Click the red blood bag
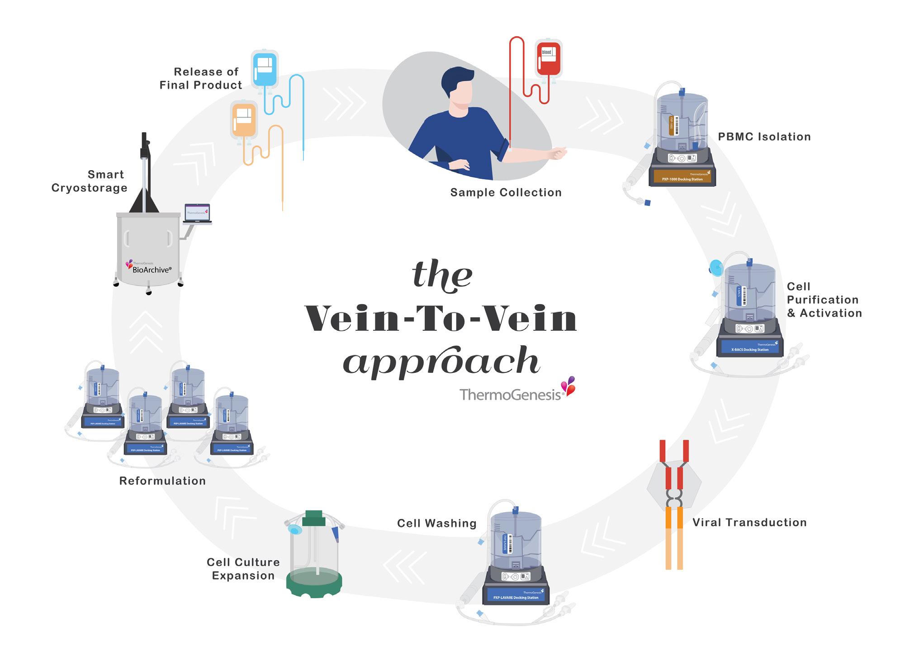pos(548,59)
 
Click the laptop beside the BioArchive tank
pos(198,214)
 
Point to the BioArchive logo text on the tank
pos(151,269)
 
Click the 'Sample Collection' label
pos(506,192)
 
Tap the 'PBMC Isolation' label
pos(764,137)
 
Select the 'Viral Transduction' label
pos(749,523)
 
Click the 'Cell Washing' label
pos(436,524)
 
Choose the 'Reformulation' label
pos(162,481)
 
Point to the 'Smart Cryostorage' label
pos(90,181)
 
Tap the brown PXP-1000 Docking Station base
pos(682,177)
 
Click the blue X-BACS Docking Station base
pos(750,348)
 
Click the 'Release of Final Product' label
pos(201,78)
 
